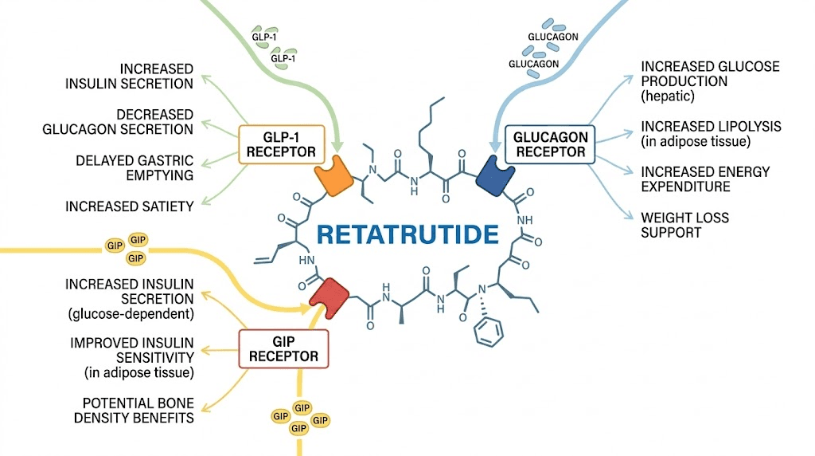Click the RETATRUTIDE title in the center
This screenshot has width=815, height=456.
tap(407, 234)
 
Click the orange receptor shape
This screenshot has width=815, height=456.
tap(332, 181)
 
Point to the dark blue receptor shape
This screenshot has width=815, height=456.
tap(496, 183)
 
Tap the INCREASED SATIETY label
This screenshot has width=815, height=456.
tap(130, 206)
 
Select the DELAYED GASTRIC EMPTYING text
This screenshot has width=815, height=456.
tap(135, 167)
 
